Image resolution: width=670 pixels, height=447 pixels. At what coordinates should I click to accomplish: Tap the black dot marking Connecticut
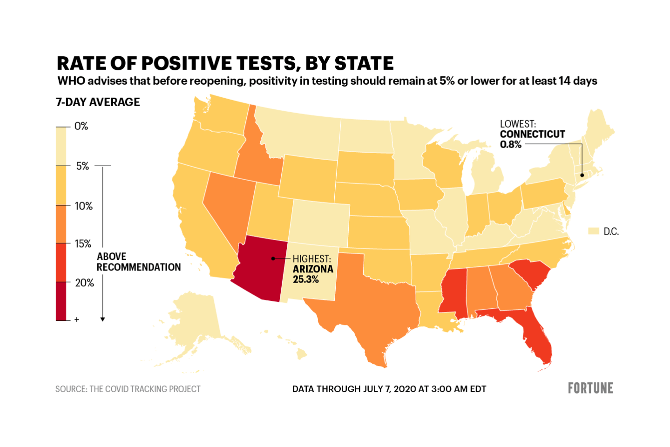[x=582, y=175]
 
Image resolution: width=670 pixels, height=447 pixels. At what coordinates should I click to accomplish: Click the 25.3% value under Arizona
[x=305, y=279]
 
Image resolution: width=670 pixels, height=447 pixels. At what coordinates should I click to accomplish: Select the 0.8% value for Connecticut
[x=510, y=144]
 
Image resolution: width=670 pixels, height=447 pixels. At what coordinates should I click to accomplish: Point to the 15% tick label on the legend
[x=83, y=244]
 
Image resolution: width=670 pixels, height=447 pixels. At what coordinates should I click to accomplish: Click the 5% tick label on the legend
[x=82, y=166]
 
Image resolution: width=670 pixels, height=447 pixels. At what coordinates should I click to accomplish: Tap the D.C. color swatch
[x=593, y=231]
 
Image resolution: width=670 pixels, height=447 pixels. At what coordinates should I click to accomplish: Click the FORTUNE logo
[x=590, y=388]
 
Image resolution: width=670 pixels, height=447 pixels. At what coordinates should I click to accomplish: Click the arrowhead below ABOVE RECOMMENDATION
[x=102, y=319]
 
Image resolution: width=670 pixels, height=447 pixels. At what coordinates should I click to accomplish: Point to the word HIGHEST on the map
[x=311, y=259]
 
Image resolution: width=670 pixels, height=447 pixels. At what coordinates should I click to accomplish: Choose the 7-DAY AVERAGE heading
[x=98, y=102]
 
